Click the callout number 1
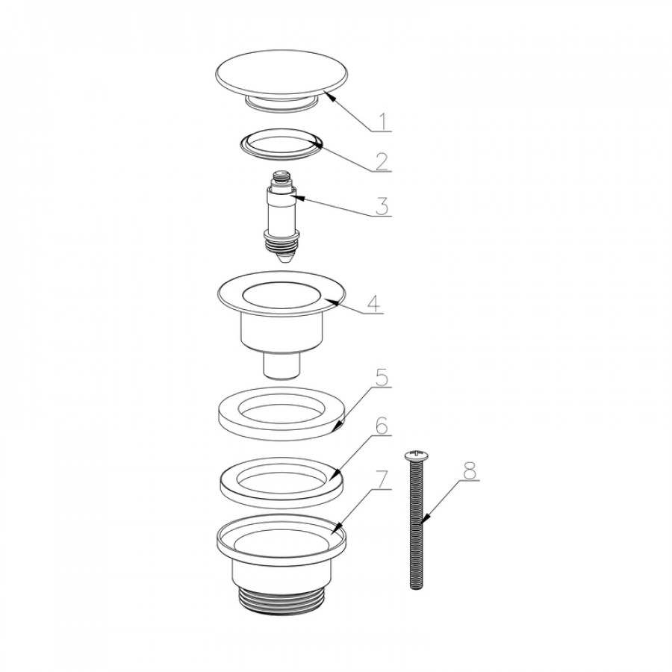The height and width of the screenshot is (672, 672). point(383,122)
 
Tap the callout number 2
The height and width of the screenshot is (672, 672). point(382,161)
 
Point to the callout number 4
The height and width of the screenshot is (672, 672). point(373,304)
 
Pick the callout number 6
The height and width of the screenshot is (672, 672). point(382,426)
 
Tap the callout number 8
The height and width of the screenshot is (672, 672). point(470,471)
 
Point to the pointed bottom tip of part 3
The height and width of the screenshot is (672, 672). point(281,261)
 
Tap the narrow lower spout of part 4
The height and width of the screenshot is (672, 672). point(281,365)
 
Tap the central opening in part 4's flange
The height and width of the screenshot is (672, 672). point(281,295)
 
